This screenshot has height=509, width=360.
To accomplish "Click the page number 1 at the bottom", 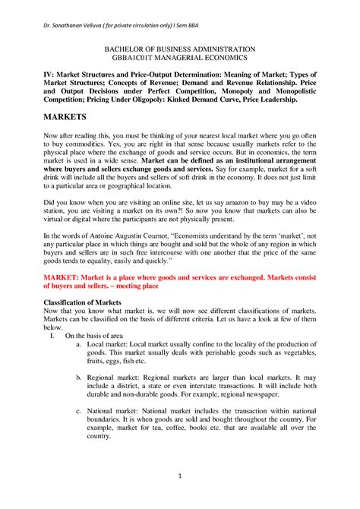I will (x=180, y=476).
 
